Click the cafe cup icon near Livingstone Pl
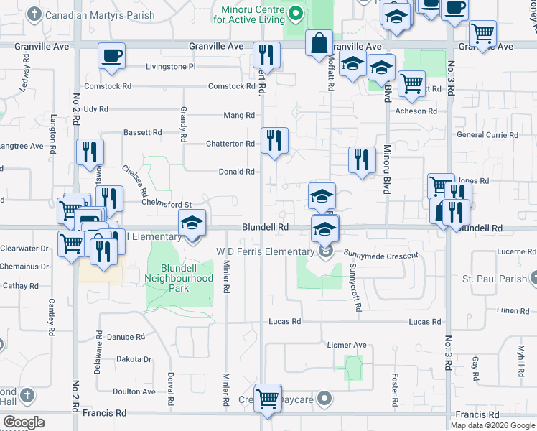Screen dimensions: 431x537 (111, 56)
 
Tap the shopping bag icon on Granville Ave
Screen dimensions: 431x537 (319, 43)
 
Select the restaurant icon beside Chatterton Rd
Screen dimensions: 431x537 (274, 140)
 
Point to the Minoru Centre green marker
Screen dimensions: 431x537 (294, 13)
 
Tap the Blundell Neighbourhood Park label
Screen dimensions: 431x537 (179, 277)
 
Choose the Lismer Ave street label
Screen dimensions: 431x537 (347, 345)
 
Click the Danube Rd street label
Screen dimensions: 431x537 (126, 336)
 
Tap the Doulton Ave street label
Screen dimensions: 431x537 (134, 391)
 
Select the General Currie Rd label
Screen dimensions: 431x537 (487, 135)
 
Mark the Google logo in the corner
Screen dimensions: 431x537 (24, 422)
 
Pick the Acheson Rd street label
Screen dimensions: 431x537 (416, 111)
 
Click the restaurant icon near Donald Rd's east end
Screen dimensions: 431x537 (362, 159)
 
